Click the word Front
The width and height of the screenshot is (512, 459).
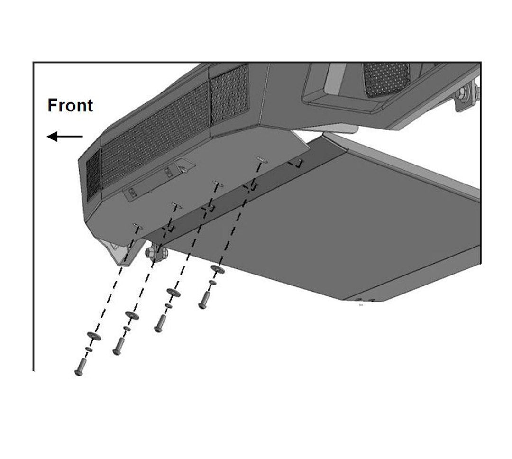pos(70,105)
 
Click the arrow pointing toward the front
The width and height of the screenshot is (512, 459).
pos(64,137)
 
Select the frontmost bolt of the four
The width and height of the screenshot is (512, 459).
pos(79,366)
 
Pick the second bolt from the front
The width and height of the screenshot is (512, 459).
pos(118,345)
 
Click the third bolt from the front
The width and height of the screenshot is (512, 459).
pos(160,323)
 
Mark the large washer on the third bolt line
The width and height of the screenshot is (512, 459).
pos(173,293)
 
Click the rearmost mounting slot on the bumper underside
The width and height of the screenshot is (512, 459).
pos(260,158)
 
